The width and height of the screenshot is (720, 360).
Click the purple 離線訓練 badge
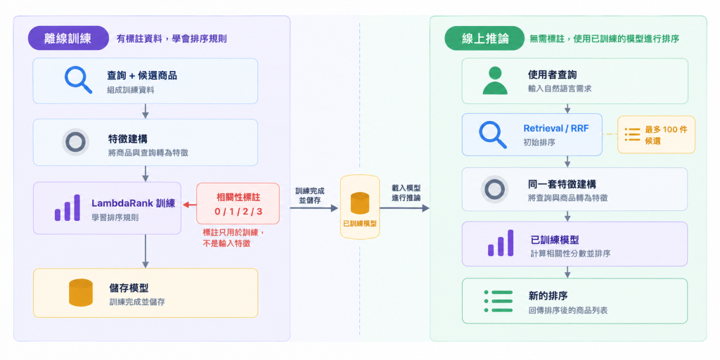coord(68,38)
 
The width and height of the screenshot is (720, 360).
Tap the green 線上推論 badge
coord(484,38)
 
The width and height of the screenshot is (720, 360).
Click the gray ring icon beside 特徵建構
coord(75,142)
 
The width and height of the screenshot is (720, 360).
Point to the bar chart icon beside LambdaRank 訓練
coord(67,208)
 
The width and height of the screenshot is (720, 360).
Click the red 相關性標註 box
coord(238,203)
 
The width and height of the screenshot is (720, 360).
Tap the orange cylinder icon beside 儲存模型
coord(81,292)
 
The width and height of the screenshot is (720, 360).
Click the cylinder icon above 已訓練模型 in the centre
coord(360,203)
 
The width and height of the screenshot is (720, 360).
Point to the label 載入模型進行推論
coord(406,193)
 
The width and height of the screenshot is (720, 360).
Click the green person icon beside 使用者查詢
coord(495,80)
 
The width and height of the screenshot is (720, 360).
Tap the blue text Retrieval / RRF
coord(556,129)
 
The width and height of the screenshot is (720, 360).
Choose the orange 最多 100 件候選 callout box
coord(656,134)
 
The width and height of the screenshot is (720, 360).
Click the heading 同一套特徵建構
coord(562,185)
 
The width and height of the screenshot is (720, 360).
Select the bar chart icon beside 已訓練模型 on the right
coord(500,243)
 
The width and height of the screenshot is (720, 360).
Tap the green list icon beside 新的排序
coord(499,301)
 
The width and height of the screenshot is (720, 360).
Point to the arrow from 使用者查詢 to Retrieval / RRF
coord(567,109)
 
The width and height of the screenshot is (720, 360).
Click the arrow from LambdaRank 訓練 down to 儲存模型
coord(146,251)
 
